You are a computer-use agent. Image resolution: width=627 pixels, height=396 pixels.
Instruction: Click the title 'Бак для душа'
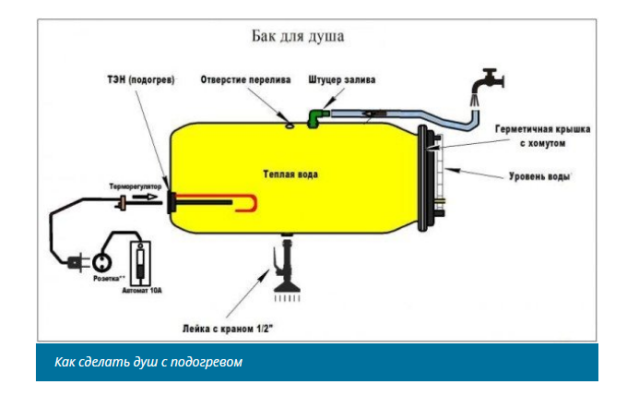[298, 38]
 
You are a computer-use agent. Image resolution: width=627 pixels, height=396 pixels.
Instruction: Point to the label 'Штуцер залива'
[342, 80]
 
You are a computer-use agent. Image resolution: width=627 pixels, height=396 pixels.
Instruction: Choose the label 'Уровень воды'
[540, 175]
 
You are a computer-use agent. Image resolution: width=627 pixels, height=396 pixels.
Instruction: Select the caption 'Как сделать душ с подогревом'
[148, 361]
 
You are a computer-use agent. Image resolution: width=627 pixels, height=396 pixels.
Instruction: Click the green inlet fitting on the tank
[315, 116]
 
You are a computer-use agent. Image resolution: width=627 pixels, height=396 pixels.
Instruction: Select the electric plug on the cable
[74, 262]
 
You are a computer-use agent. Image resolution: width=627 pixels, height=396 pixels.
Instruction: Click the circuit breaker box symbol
[141, 262]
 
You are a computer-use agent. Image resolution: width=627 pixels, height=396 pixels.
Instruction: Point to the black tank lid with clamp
[430, 175]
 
